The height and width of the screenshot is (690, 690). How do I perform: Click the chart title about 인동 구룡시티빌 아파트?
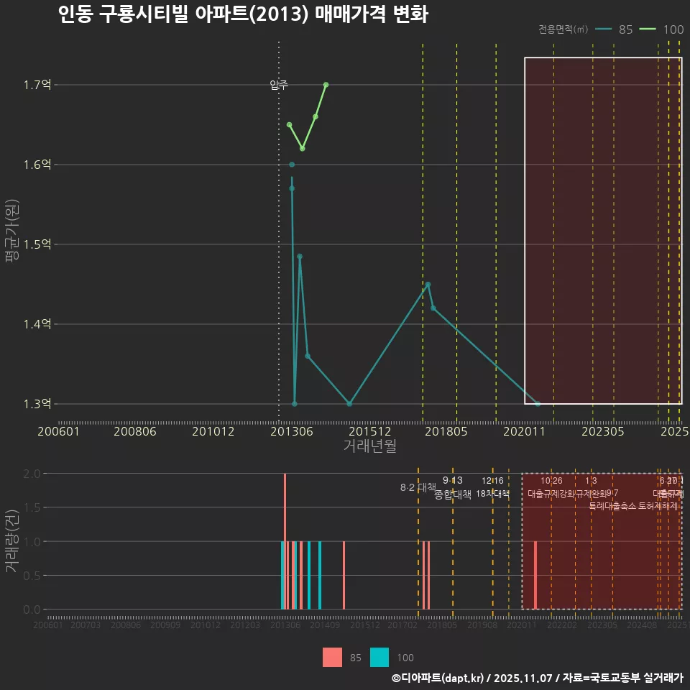(x=243, y=14)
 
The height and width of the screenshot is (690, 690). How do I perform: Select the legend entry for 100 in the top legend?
(x=663, y=29)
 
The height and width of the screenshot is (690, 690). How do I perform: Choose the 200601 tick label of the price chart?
(x=58, y=431)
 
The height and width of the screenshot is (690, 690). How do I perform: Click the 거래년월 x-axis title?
(x=369, y=446)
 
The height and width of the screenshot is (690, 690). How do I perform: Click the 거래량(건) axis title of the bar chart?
(x=12, y=541)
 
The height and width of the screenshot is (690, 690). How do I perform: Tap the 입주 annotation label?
(x=279, y=85)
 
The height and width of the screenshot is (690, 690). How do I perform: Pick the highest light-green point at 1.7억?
(x=326, y=85)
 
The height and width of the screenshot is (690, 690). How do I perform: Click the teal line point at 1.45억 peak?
(x=428, y=285)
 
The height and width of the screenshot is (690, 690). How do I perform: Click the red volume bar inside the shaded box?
(x=535, y=575)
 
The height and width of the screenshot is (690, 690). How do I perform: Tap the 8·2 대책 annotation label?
(x=418, y=487)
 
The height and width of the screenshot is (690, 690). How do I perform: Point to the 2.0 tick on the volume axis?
(x=31, y=474)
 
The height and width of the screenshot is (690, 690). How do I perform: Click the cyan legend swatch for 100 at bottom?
(x=379, y=657)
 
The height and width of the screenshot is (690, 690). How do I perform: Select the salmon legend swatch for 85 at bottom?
(x=332, y=657)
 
